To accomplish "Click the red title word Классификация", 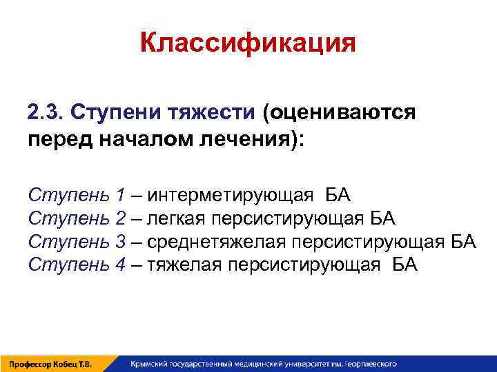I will pos(248,43).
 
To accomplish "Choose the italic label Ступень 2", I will pos(77,219).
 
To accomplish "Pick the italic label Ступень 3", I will pos(77,242).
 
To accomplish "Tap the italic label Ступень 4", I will pos(77,265).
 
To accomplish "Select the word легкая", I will pos(180,219).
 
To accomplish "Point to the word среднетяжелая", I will pos(217,242).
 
